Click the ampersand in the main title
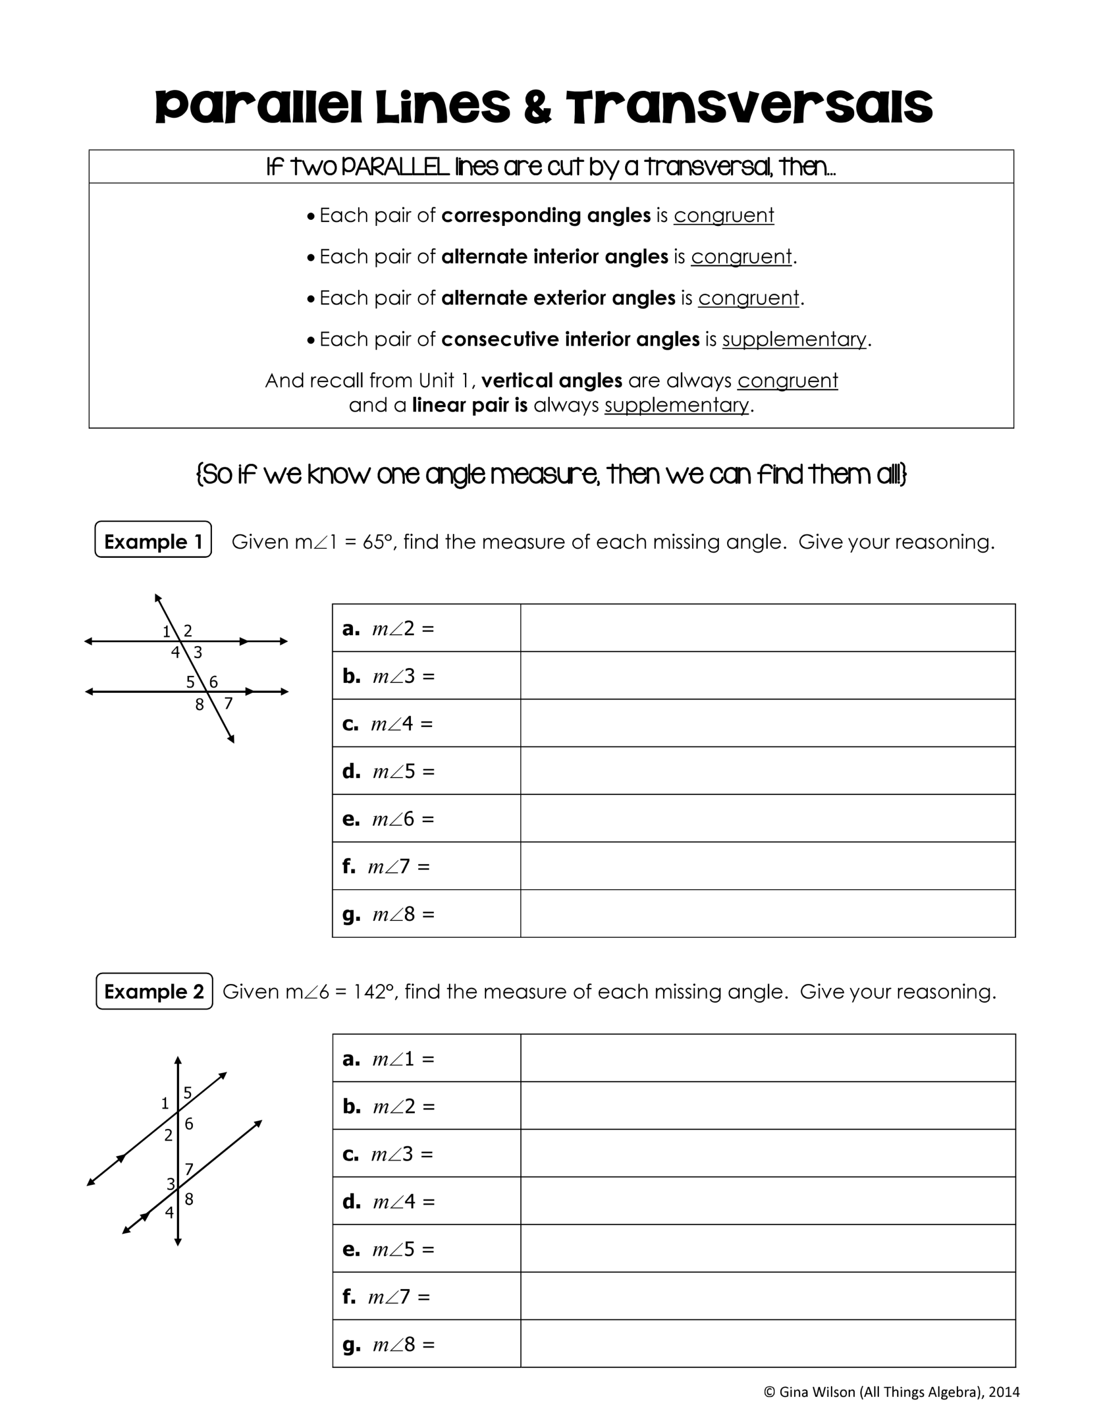coord(537,108)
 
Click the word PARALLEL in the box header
coord(395,167)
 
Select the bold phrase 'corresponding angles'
coord(546,215)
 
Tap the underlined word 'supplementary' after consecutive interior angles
coord(794,339)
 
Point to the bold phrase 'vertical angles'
coord(551,380)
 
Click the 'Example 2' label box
coord(154,991)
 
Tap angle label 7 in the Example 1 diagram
coord(228,703)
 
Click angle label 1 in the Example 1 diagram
coord(166,631)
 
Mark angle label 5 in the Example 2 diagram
coord(188,1093)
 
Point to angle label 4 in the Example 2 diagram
coord(170,1213)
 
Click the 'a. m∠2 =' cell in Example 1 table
coord(425,628)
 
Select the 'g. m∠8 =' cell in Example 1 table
coord(425,914)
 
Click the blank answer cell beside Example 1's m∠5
coord(768,771)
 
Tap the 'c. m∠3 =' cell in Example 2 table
coord(425,1154)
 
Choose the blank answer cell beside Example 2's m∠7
coord(768,1296)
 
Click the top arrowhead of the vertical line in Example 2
coord(178,1060)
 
